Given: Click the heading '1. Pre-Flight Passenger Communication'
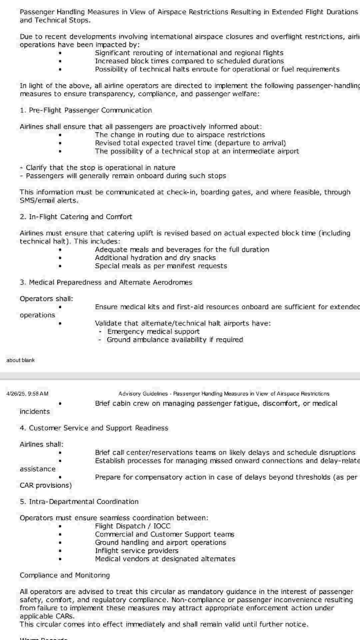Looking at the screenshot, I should point(86,110).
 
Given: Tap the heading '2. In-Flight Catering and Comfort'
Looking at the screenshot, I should point(76,217).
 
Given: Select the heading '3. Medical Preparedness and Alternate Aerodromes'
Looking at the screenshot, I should point(106,282).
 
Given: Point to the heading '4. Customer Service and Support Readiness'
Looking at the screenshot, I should point(94,428).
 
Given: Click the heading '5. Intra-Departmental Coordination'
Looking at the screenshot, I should point(79,502).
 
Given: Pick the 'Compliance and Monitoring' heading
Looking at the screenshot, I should point(65,575).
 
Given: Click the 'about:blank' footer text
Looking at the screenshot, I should point(20,360).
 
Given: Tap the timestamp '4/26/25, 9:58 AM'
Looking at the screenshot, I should point(27,394).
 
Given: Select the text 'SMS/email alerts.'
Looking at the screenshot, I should point(49,201).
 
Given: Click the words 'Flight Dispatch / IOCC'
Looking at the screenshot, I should point(133,526).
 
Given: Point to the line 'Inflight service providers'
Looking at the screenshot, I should point(137,551).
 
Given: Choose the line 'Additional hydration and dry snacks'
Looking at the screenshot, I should point(155,258).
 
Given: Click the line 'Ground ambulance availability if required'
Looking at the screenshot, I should point(175,340).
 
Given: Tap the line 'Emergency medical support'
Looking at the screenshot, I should point(153,332).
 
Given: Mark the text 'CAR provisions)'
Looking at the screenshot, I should point(46,485).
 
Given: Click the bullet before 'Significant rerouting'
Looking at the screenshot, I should point(60,53).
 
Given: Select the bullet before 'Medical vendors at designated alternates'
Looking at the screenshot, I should point(60,559).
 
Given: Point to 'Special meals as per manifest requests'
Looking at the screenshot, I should point(161,266).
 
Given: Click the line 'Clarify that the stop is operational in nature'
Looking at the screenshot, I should point(100,168).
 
